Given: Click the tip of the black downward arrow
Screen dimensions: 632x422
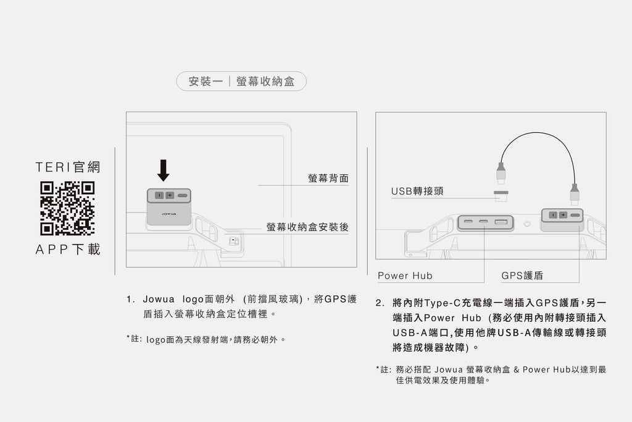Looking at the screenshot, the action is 163,181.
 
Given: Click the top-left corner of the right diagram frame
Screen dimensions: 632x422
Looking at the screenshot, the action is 376,112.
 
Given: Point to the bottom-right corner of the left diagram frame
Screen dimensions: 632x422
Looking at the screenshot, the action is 357,267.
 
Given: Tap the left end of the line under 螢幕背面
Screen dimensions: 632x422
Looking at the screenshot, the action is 259,185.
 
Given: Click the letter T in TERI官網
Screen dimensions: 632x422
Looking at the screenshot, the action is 39,167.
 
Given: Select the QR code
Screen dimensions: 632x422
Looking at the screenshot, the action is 67,208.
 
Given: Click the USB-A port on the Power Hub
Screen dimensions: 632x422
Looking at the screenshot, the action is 501,222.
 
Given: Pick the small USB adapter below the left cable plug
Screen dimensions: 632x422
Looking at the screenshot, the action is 501,196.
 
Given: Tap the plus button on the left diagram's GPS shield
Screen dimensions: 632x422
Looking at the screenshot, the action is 170,195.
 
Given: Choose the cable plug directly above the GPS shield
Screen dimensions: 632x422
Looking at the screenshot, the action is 575,195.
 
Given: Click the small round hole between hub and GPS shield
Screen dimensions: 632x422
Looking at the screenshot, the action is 527,224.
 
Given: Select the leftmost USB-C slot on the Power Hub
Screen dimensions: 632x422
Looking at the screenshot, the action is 468,222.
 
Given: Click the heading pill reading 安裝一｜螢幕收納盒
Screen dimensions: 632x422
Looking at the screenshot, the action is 241,82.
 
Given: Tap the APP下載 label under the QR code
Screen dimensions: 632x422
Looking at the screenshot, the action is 68,250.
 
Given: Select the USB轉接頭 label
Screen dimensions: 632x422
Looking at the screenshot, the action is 417,191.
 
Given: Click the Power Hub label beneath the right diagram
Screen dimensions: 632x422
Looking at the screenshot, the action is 405,276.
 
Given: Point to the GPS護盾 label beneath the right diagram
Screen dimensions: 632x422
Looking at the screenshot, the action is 522,276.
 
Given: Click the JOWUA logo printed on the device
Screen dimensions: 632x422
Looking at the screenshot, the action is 169,213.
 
